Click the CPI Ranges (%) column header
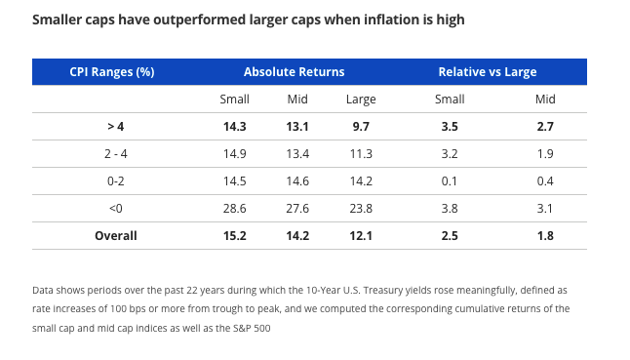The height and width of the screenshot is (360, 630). [112, 72]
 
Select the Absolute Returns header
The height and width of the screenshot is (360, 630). [294, 72]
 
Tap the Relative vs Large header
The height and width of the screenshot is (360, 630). [487, 72]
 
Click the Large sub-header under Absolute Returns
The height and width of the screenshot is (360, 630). [361, 100]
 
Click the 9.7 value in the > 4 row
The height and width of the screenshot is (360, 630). [361, 127]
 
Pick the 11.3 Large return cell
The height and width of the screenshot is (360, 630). [361, 154]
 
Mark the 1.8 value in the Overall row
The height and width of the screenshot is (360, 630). [544, 235]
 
